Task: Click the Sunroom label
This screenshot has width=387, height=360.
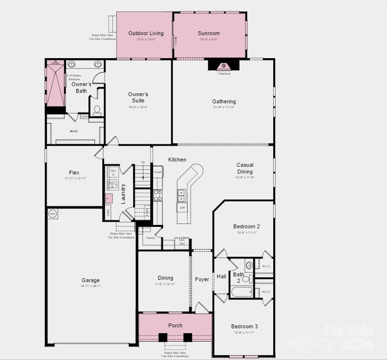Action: click(x=208, y=34)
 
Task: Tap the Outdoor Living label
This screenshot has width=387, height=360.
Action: click(x=146, y=34)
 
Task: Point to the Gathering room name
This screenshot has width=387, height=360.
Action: click(x=224, y=101)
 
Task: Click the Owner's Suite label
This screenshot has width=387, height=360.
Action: click(x=138, y=98)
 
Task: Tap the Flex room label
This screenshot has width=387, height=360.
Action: click(x=74, y=173)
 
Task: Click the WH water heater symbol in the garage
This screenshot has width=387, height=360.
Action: click(x=53, y=214)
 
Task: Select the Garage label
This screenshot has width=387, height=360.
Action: click(x=90, y=280)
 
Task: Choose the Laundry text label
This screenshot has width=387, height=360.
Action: click(x=123, y=194)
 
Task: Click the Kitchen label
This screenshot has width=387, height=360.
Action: click(x=177, y=160)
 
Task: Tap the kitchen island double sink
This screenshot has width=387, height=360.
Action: click(x=181, y=196)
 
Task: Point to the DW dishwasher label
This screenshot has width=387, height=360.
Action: click(x=182, y=208)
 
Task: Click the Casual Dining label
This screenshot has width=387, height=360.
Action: click(x=245, y=168)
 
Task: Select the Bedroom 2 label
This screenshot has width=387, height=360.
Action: click(x=246, y=226)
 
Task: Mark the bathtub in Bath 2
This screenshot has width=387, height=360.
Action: click(x=242, y=291)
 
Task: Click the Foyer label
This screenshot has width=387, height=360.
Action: click(x=202, y=279)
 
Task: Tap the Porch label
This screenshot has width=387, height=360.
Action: click(x=175, y=325)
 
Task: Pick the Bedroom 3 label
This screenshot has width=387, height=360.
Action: click(x=245, y=326)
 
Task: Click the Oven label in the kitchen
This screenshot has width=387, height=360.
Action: click(x=157, y=172)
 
